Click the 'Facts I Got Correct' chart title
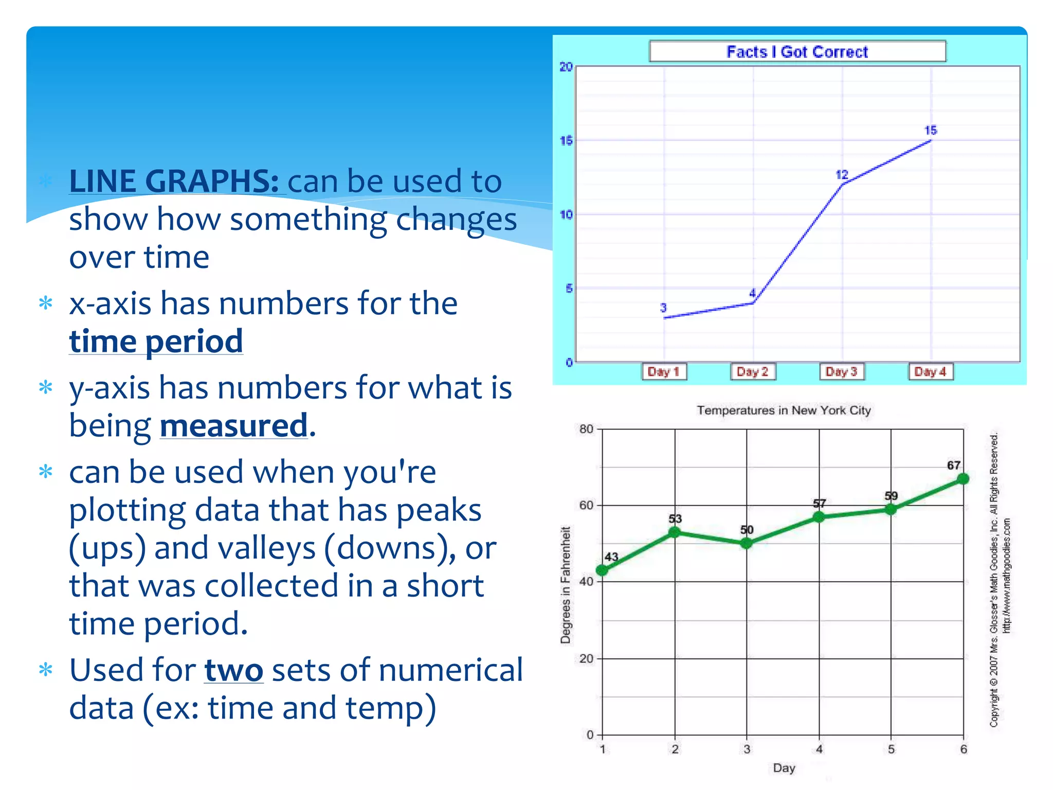click(x=797, y=52)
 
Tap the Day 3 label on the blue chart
click(x=842, y=371)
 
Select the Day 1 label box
click(x=664, y=371)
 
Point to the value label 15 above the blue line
click(x=931, y=130)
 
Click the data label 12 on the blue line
click(x=842, y=175)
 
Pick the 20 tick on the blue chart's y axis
click(x=566, y=67)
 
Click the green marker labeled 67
click(x=963, y=479)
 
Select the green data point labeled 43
click(x=602, y=570)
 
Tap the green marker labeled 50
click(x=747, y=543)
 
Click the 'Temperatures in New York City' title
click(x=784, y=410)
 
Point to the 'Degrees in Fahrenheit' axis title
click(x=566, y=585)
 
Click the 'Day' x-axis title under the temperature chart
click(x=784, y=768)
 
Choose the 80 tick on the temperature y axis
click(x=586, y=429)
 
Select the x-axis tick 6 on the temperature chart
click(x=964, y=749)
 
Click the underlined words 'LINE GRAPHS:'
click(x=174, y=181)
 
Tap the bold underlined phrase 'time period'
click(x=156, y=341)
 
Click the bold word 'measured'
click(x=234, y=426)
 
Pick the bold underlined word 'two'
click(x=234, y=670)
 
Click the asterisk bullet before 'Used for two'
click(x=46, y=670)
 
